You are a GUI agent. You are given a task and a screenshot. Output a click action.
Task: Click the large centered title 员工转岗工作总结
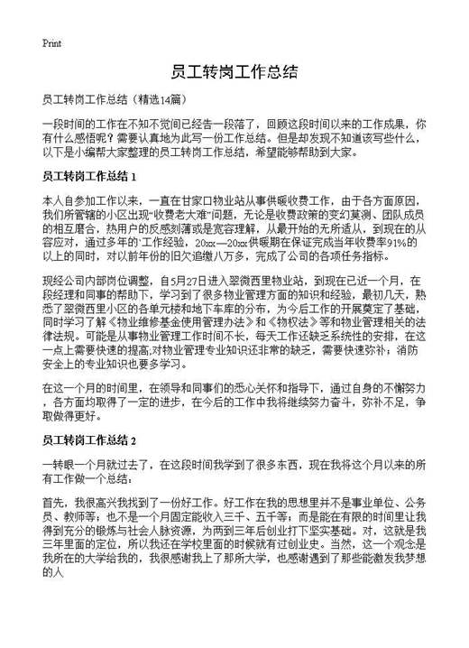click(x=234, y=72)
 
